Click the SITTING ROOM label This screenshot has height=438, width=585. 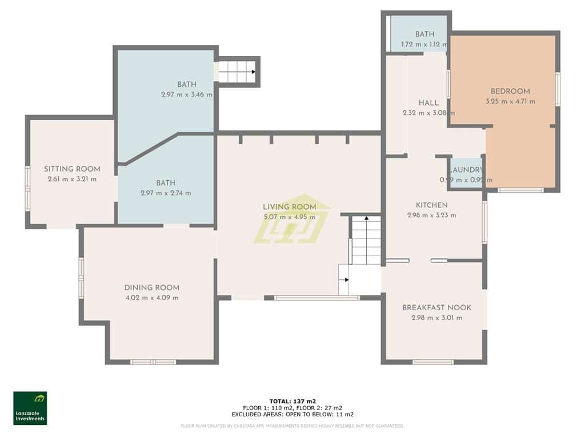72,169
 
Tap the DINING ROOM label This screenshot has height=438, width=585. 152,287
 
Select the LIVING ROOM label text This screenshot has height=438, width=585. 289,207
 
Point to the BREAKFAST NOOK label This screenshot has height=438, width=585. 436,307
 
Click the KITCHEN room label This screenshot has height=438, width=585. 431,205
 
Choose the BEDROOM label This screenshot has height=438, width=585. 510,91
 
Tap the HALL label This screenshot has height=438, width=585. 428,103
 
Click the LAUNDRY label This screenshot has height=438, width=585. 466,170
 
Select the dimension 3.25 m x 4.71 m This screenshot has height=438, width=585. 506,102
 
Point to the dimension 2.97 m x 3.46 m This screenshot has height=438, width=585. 186,95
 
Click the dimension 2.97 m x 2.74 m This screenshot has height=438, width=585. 166,193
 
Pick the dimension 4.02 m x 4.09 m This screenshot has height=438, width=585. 152,298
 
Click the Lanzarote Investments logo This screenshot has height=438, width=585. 30,408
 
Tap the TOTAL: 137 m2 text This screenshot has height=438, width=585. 292,401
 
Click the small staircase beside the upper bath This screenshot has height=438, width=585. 237,72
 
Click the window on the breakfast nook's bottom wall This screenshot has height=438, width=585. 433,362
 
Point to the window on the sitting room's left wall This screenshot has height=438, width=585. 27,188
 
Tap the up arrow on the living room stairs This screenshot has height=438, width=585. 366,218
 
